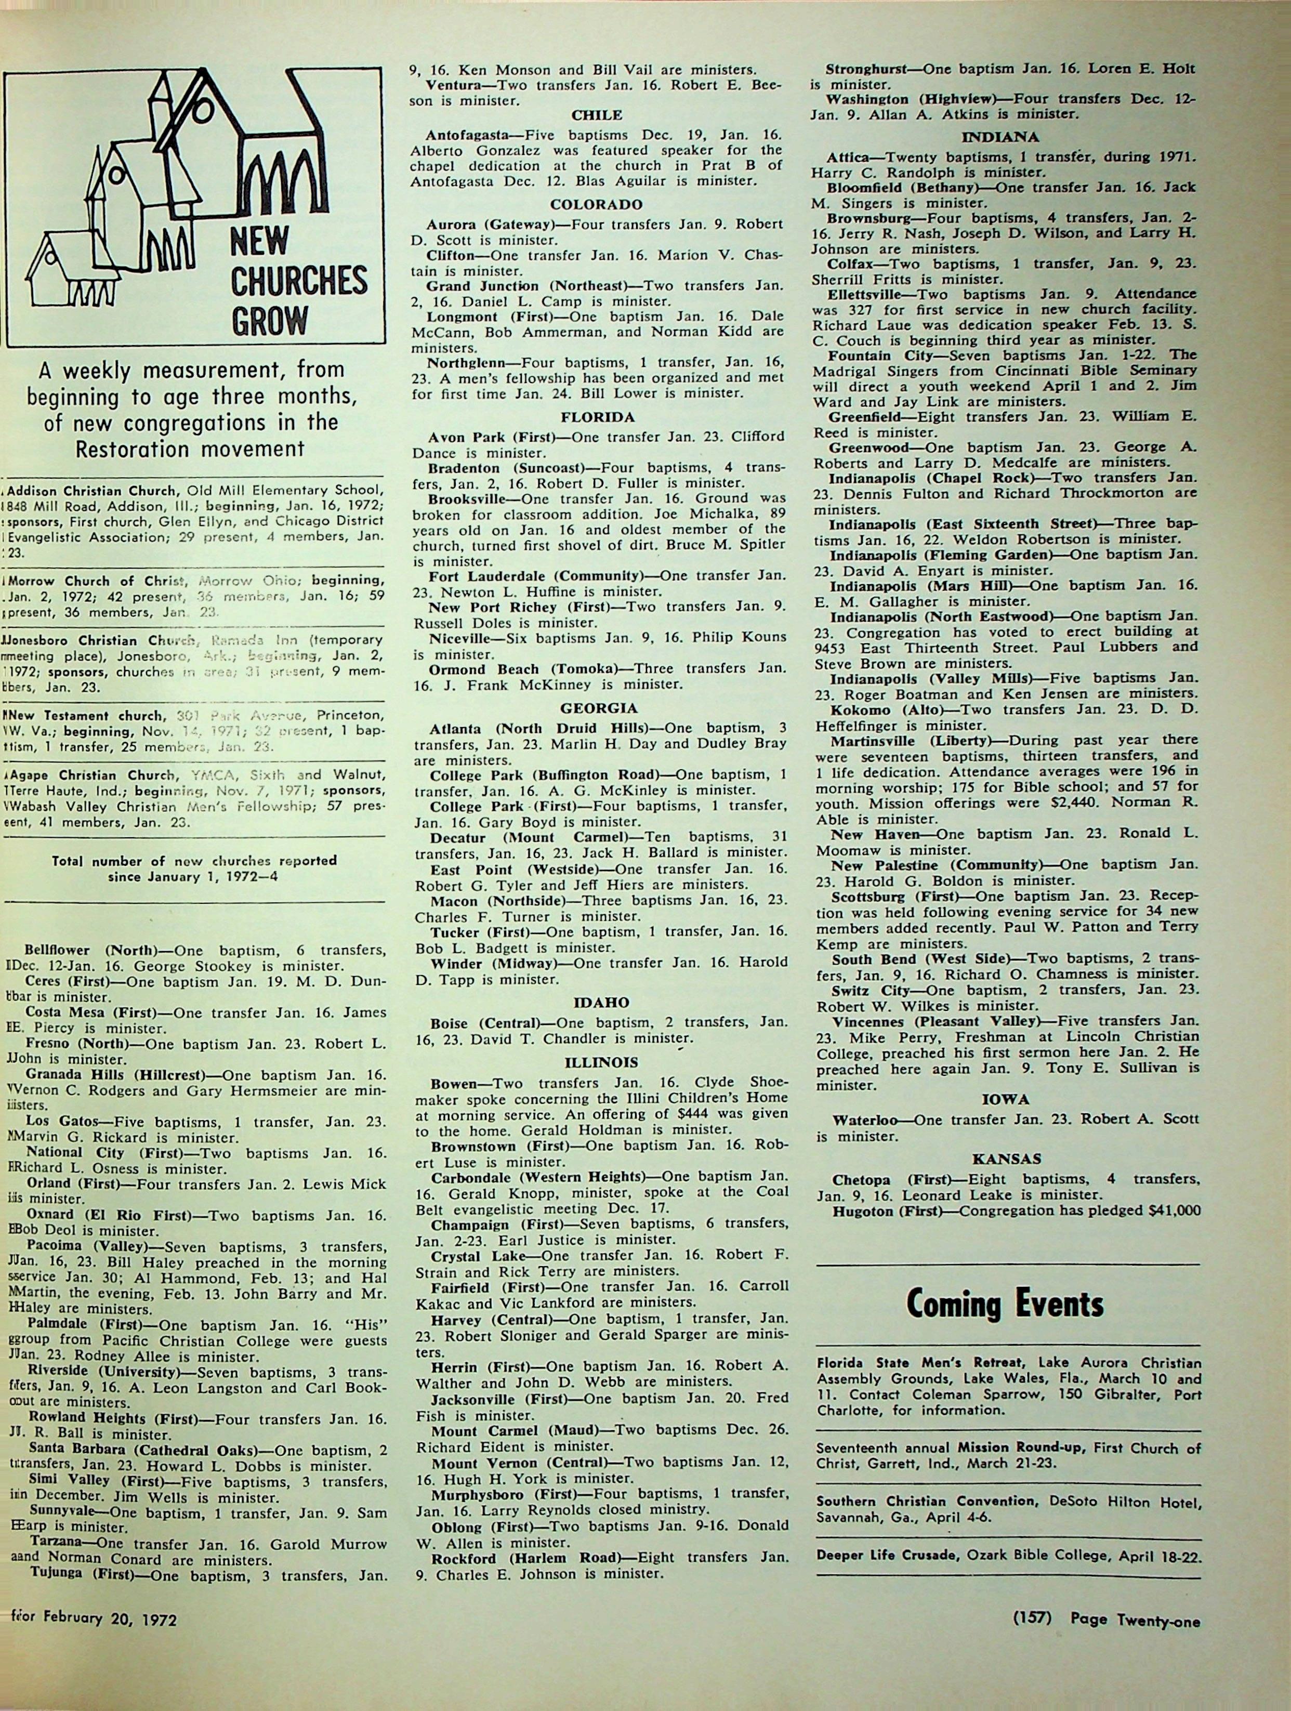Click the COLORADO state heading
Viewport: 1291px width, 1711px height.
point(596,205)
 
